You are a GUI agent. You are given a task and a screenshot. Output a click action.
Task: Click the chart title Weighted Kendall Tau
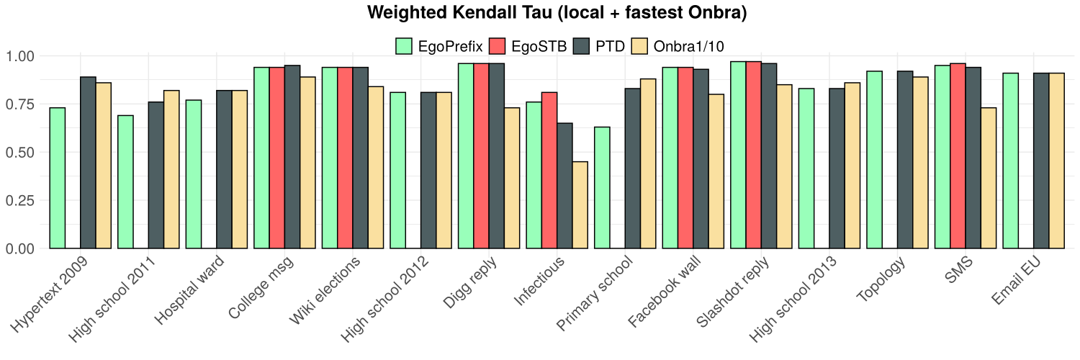pos(540,13)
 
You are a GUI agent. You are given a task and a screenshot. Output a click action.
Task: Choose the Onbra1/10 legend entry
pos(677,47)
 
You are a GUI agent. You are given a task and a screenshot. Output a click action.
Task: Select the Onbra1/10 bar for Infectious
pos(580,205)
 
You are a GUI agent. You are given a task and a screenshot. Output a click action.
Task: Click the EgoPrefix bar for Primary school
pos(602,187)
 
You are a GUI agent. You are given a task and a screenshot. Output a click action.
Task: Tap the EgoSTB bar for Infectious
pos(549,170)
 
